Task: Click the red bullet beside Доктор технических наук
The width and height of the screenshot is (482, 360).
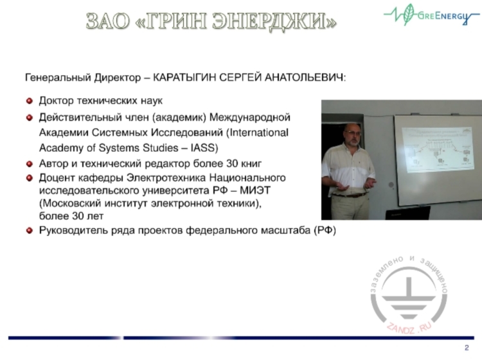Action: (x=29, y=101)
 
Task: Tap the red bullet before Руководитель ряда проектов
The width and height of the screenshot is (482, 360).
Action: (x=29, y=230)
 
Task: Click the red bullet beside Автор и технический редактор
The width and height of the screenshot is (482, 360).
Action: (x=29, y=164)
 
